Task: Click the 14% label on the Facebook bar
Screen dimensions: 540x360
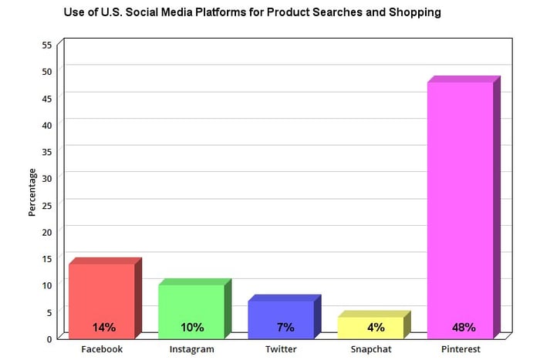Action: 104,327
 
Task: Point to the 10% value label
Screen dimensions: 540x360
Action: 192,327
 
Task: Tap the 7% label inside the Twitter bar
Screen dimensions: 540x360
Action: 285,327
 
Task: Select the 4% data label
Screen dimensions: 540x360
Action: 376,327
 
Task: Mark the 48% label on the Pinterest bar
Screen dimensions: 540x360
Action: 464,327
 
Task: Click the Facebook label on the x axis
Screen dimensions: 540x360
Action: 102,349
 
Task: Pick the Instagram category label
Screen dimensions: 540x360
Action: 192,349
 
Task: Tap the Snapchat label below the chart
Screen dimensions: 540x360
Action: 371,349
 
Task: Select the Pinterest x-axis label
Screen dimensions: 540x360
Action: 461,349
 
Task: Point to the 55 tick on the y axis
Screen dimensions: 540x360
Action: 47,45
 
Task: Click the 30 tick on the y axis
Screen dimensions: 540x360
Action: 47,179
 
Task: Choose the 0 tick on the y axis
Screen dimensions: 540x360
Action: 49,339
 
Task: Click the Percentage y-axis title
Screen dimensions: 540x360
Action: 32,193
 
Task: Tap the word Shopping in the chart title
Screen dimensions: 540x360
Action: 415,12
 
